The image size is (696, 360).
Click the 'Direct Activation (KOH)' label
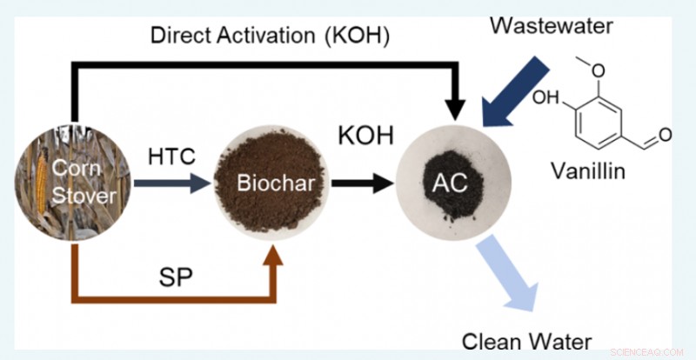tap(269, 36)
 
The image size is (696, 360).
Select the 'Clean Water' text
tap(516, 340)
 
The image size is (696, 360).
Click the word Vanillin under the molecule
tap(589, 171)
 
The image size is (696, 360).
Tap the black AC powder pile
tap(452, 186)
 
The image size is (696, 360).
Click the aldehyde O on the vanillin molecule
tap(665, 134)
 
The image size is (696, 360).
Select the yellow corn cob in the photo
tap(37, 187)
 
